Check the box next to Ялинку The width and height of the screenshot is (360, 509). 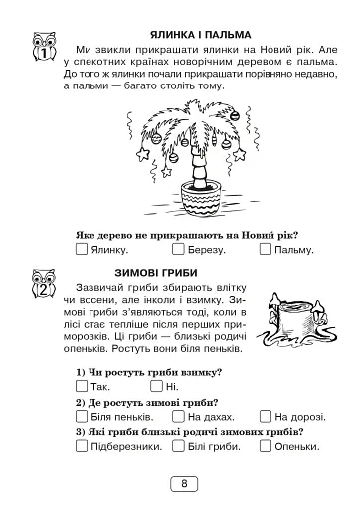point(82,249)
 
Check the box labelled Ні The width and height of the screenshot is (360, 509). point(157,385)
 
